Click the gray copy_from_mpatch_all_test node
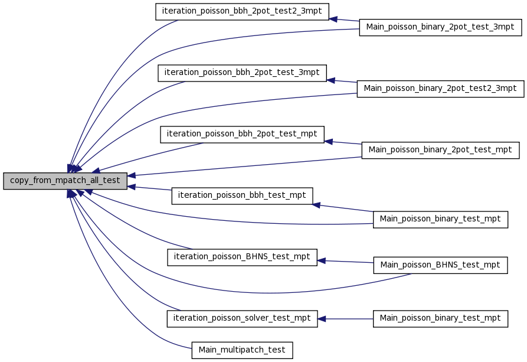click(x=65, y=181)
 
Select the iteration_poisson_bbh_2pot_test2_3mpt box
click(x=242, y=12)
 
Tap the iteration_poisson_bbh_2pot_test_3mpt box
click(x=242, y=73)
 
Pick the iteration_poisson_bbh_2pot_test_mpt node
click(x=242, y=135)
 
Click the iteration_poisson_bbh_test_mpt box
click(x=242, y=196)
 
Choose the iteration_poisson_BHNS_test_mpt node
click(x=242, y=257)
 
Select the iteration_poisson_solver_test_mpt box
click(x=242, y=319)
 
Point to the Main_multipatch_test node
click(x=242, y=350)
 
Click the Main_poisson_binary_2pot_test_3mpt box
click(x=440, y=27)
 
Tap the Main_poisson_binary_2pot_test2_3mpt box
click(x=440, y=89)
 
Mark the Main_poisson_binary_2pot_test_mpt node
click(x=440, y=150)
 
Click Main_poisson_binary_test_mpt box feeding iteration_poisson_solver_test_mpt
click(x=440, y=319)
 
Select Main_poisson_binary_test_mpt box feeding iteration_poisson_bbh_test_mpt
click(x=440, y=219)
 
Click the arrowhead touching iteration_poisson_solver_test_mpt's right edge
click(x=322, y=319)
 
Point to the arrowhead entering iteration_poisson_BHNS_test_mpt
click(x=322, y=260)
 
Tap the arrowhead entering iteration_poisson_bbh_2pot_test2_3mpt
click(x=333, y=19)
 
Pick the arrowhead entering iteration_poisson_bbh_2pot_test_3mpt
click(x=331, y=80)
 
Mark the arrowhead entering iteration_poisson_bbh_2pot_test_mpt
click(x=329, y=142)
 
